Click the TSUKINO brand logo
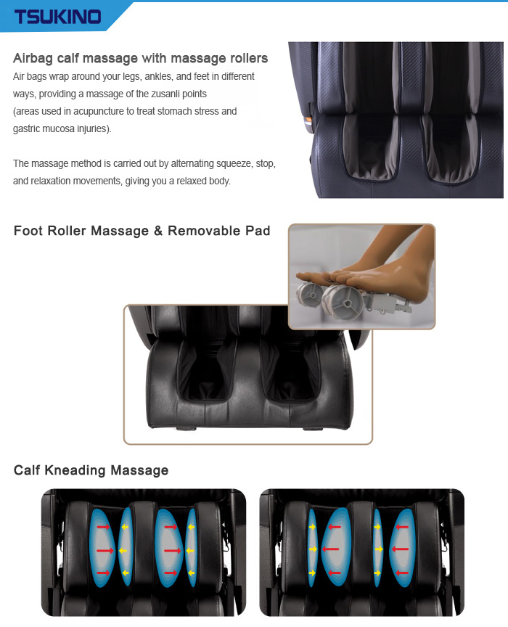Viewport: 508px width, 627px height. point(57,17)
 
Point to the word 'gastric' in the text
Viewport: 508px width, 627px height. point(26,128)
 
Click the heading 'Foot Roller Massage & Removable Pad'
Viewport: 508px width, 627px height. point(142,231)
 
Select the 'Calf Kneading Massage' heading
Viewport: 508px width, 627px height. point(91,470)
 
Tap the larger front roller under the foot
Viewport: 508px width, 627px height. point(341,301)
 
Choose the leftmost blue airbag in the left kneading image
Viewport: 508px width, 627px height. point(102,548)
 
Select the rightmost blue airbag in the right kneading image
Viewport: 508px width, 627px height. point(402,548)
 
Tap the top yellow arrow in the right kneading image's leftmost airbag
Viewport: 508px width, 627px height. point(312,527)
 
